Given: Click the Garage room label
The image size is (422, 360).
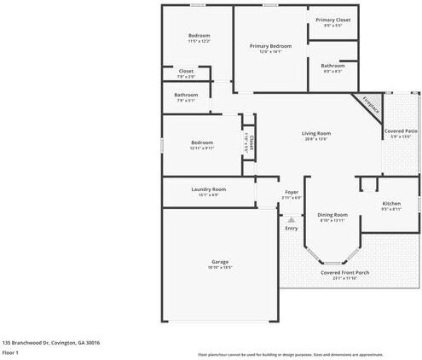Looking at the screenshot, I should click(x=221, y=262).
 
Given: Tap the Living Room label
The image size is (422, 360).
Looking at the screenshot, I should click(x=315, y=133).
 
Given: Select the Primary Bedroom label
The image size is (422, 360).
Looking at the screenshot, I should click(x=270, y=45).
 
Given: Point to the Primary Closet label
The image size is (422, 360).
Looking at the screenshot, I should click(x=332, y=20).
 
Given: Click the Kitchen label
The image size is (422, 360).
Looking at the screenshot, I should click(x=391, y=204).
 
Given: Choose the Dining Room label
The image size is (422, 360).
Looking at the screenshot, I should click(x=332, y=215).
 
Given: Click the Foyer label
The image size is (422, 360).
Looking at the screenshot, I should click(x=292, y=193).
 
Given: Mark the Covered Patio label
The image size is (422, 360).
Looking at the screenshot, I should click(x=400, y=131).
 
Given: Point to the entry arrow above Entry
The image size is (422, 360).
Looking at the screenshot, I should click(x=291, y=219).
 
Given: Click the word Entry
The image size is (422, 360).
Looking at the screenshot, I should click(x=292, y=228).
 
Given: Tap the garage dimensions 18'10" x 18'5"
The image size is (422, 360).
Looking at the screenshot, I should click(x=221, y=268).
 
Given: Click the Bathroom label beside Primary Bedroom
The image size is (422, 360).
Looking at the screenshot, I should click(x=332, y=66).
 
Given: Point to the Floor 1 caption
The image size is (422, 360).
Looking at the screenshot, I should click(x=11, y=351).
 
